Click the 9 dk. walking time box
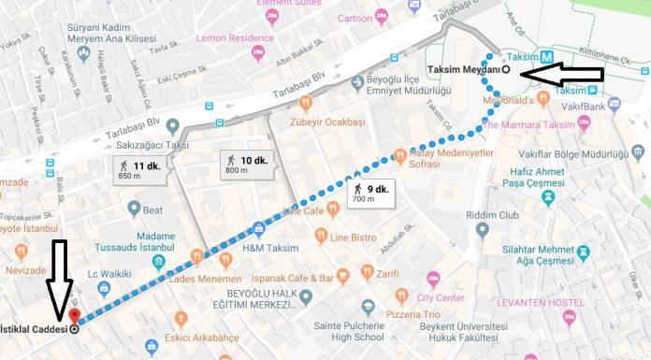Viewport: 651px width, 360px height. point(370,194)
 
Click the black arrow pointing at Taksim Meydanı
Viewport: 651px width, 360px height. point(562,73)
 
